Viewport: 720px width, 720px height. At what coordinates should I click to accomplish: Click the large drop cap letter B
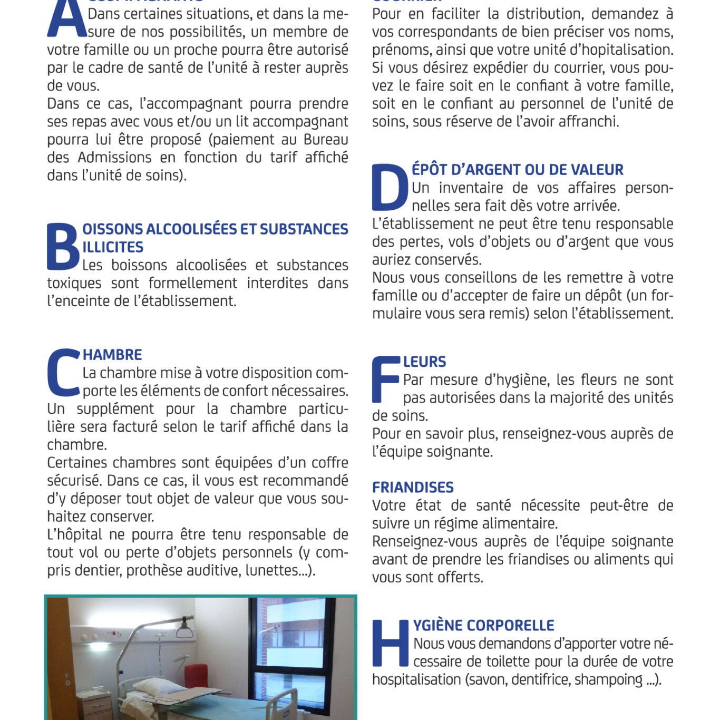pyautogui.click(x=63, y=247)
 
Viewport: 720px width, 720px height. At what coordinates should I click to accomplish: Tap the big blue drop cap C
pyautogui.click(x=63, y=372)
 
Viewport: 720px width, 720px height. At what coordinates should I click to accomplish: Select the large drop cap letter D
pyautogui.click(x=390, y=188)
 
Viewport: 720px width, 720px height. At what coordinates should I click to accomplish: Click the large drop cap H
pyautogui.click(x=391, y=643)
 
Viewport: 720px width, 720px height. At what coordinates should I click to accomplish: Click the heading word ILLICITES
pyautogui.click(x=113, y=247)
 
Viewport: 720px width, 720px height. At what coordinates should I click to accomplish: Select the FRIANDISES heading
pyautogui.click(x=413, y=487)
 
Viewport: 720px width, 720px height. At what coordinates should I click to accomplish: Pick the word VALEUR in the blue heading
pyautogui.click(x=598, y=170)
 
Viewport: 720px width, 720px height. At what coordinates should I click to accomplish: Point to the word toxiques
pyautogui.click(x=74, y=284)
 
